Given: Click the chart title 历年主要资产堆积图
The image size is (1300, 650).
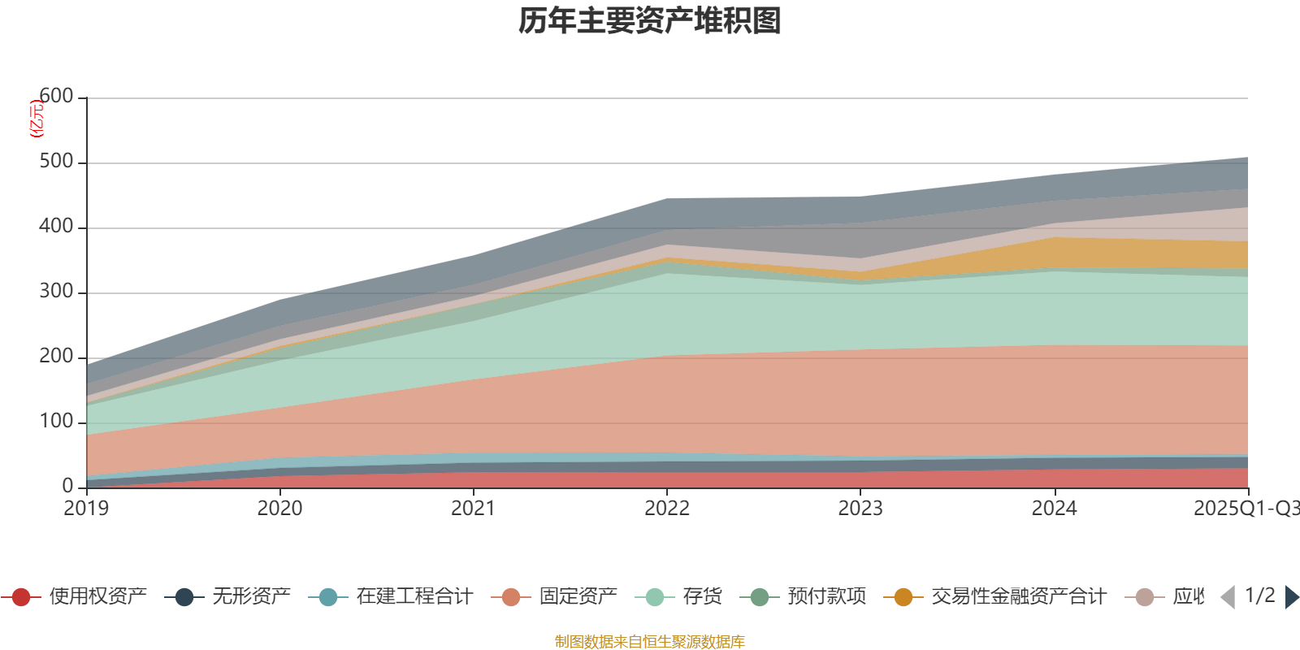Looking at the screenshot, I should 650,21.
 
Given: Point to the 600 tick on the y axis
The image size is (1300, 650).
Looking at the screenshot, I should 56,97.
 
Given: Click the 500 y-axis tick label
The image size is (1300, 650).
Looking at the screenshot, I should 56,162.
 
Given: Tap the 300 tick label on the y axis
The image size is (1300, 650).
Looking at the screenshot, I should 56,292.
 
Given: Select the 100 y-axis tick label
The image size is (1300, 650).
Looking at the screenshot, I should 56,422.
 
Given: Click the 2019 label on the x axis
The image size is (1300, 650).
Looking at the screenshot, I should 87,509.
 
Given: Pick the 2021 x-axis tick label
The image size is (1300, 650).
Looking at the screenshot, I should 474,509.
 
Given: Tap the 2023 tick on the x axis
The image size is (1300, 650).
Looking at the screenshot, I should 860,509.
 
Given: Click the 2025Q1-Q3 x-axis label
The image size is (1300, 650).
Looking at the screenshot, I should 1245,509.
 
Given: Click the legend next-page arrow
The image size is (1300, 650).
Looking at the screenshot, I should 1291,597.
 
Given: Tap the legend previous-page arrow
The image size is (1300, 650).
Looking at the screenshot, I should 1228,597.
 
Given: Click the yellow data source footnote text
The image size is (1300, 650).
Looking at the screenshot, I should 650,642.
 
